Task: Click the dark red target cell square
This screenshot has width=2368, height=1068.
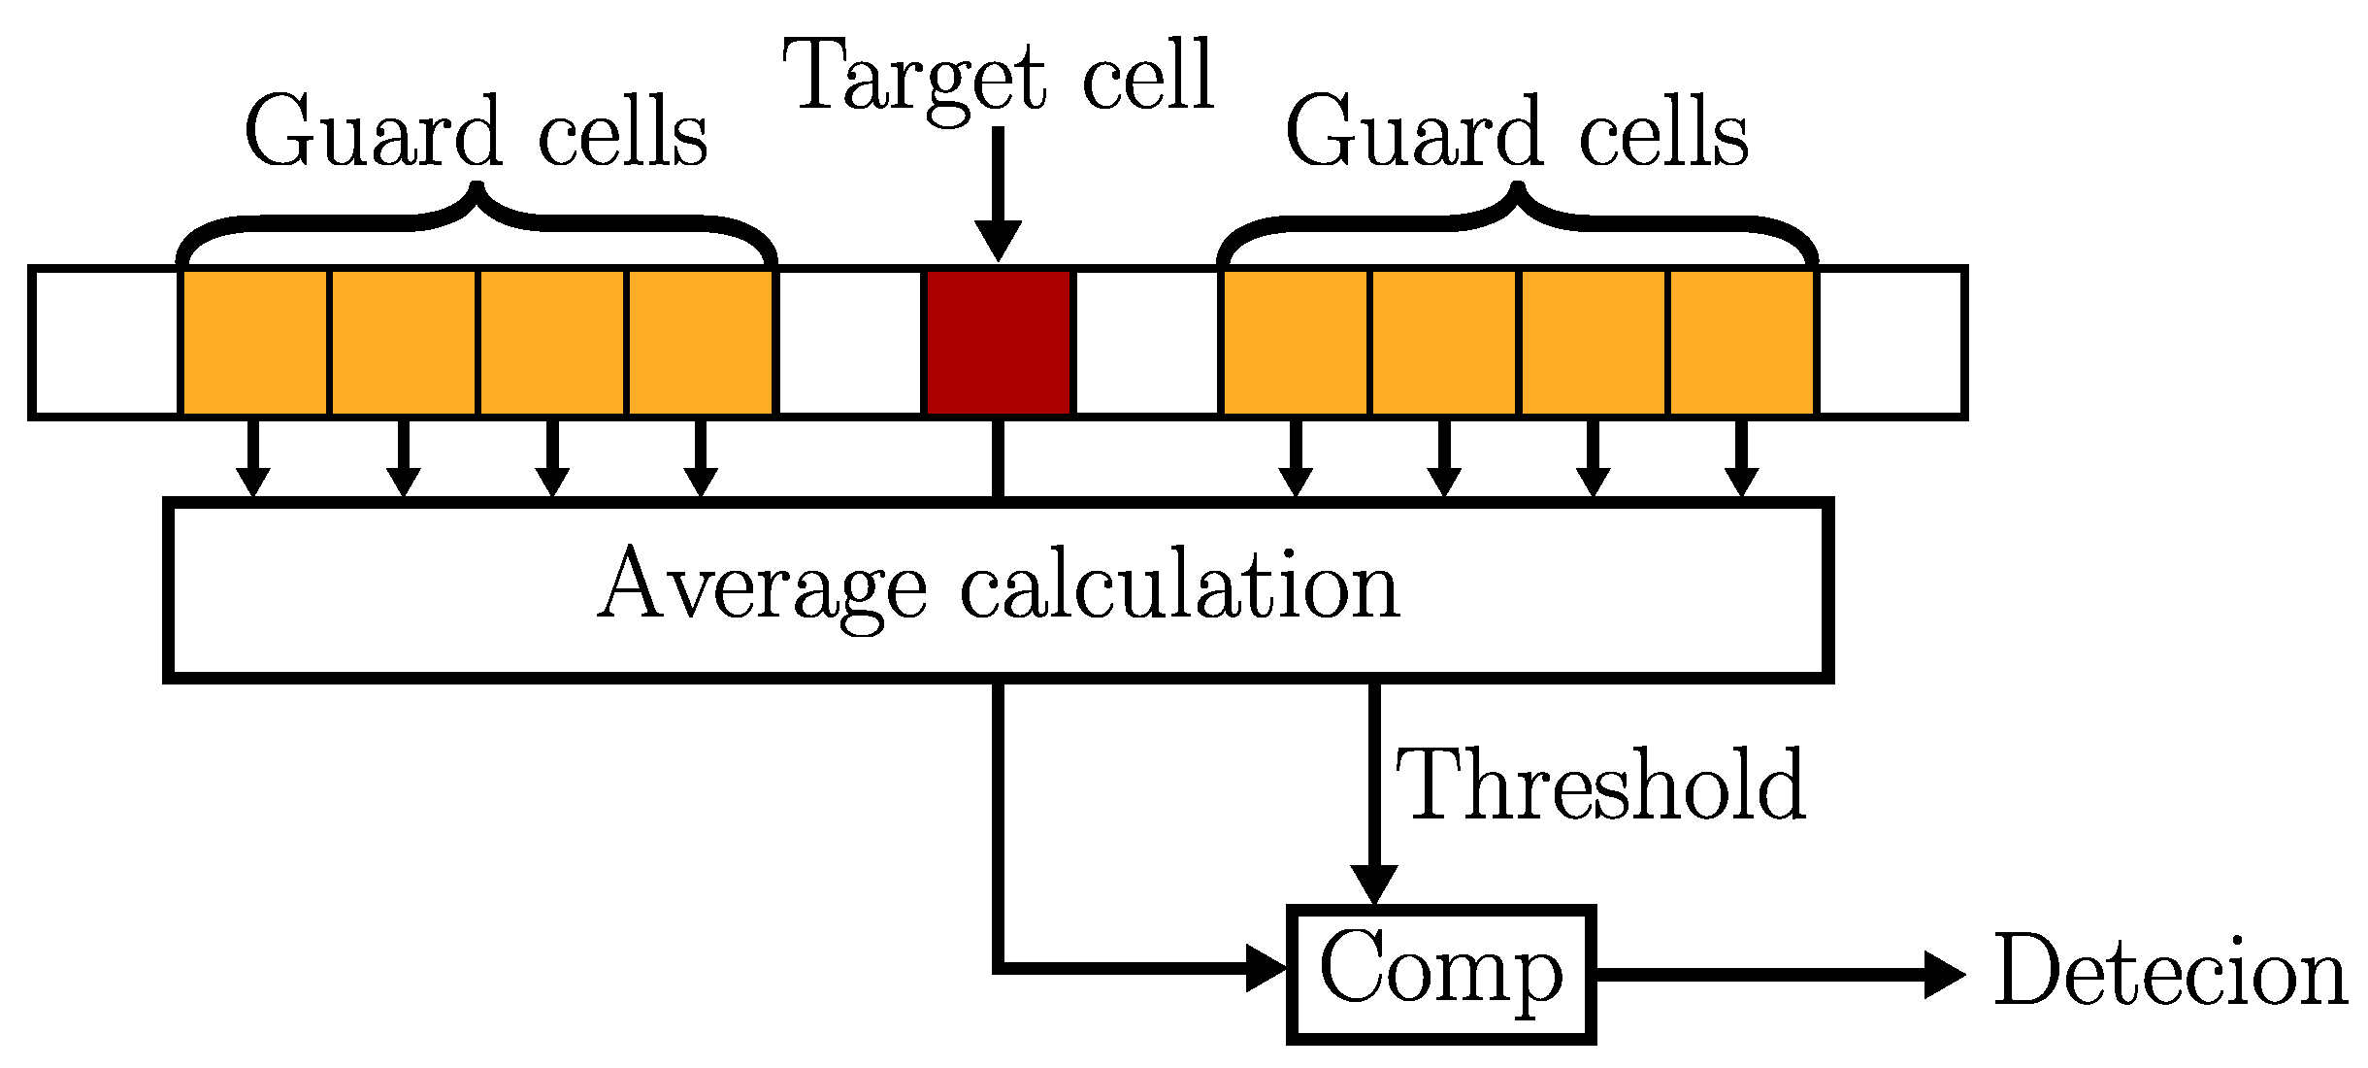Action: (999, 342)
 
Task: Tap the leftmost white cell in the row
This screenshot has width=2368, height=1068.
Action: (106, 342)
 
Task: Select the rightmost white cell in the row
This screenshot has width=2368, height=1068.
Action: (1891, 342)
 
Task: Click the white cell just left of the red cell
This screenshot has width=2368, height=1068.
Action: (850, 342)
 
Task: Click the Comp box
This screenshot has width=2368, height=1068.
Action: (1441, 973)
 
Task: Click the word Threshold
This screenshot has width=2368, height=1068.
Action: (1599, 784)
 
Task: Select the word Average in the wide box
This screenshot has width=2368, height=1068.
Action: (763, 586)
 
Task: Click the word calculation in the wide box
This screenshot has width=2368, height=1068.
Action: (1180, 586)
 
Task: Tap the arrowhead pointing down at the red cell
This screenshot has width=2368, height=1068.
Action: (999, 241)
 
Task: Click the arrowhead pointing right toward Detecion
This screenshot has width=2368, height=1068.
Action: (1944, 973)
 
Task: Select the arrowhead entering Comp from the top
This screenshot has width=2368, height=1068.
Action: (1374, 884)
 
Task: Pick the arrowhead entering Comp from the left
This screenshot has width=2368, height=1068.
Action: (1266, 968)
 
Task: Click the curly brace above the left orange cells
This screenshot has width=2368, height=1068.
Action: (476, 218)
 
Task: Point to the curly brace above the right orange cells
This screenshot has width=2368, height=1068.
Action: (1517, 218)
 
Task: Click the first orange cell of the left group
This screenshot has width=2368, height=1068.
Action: (254, 342)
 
